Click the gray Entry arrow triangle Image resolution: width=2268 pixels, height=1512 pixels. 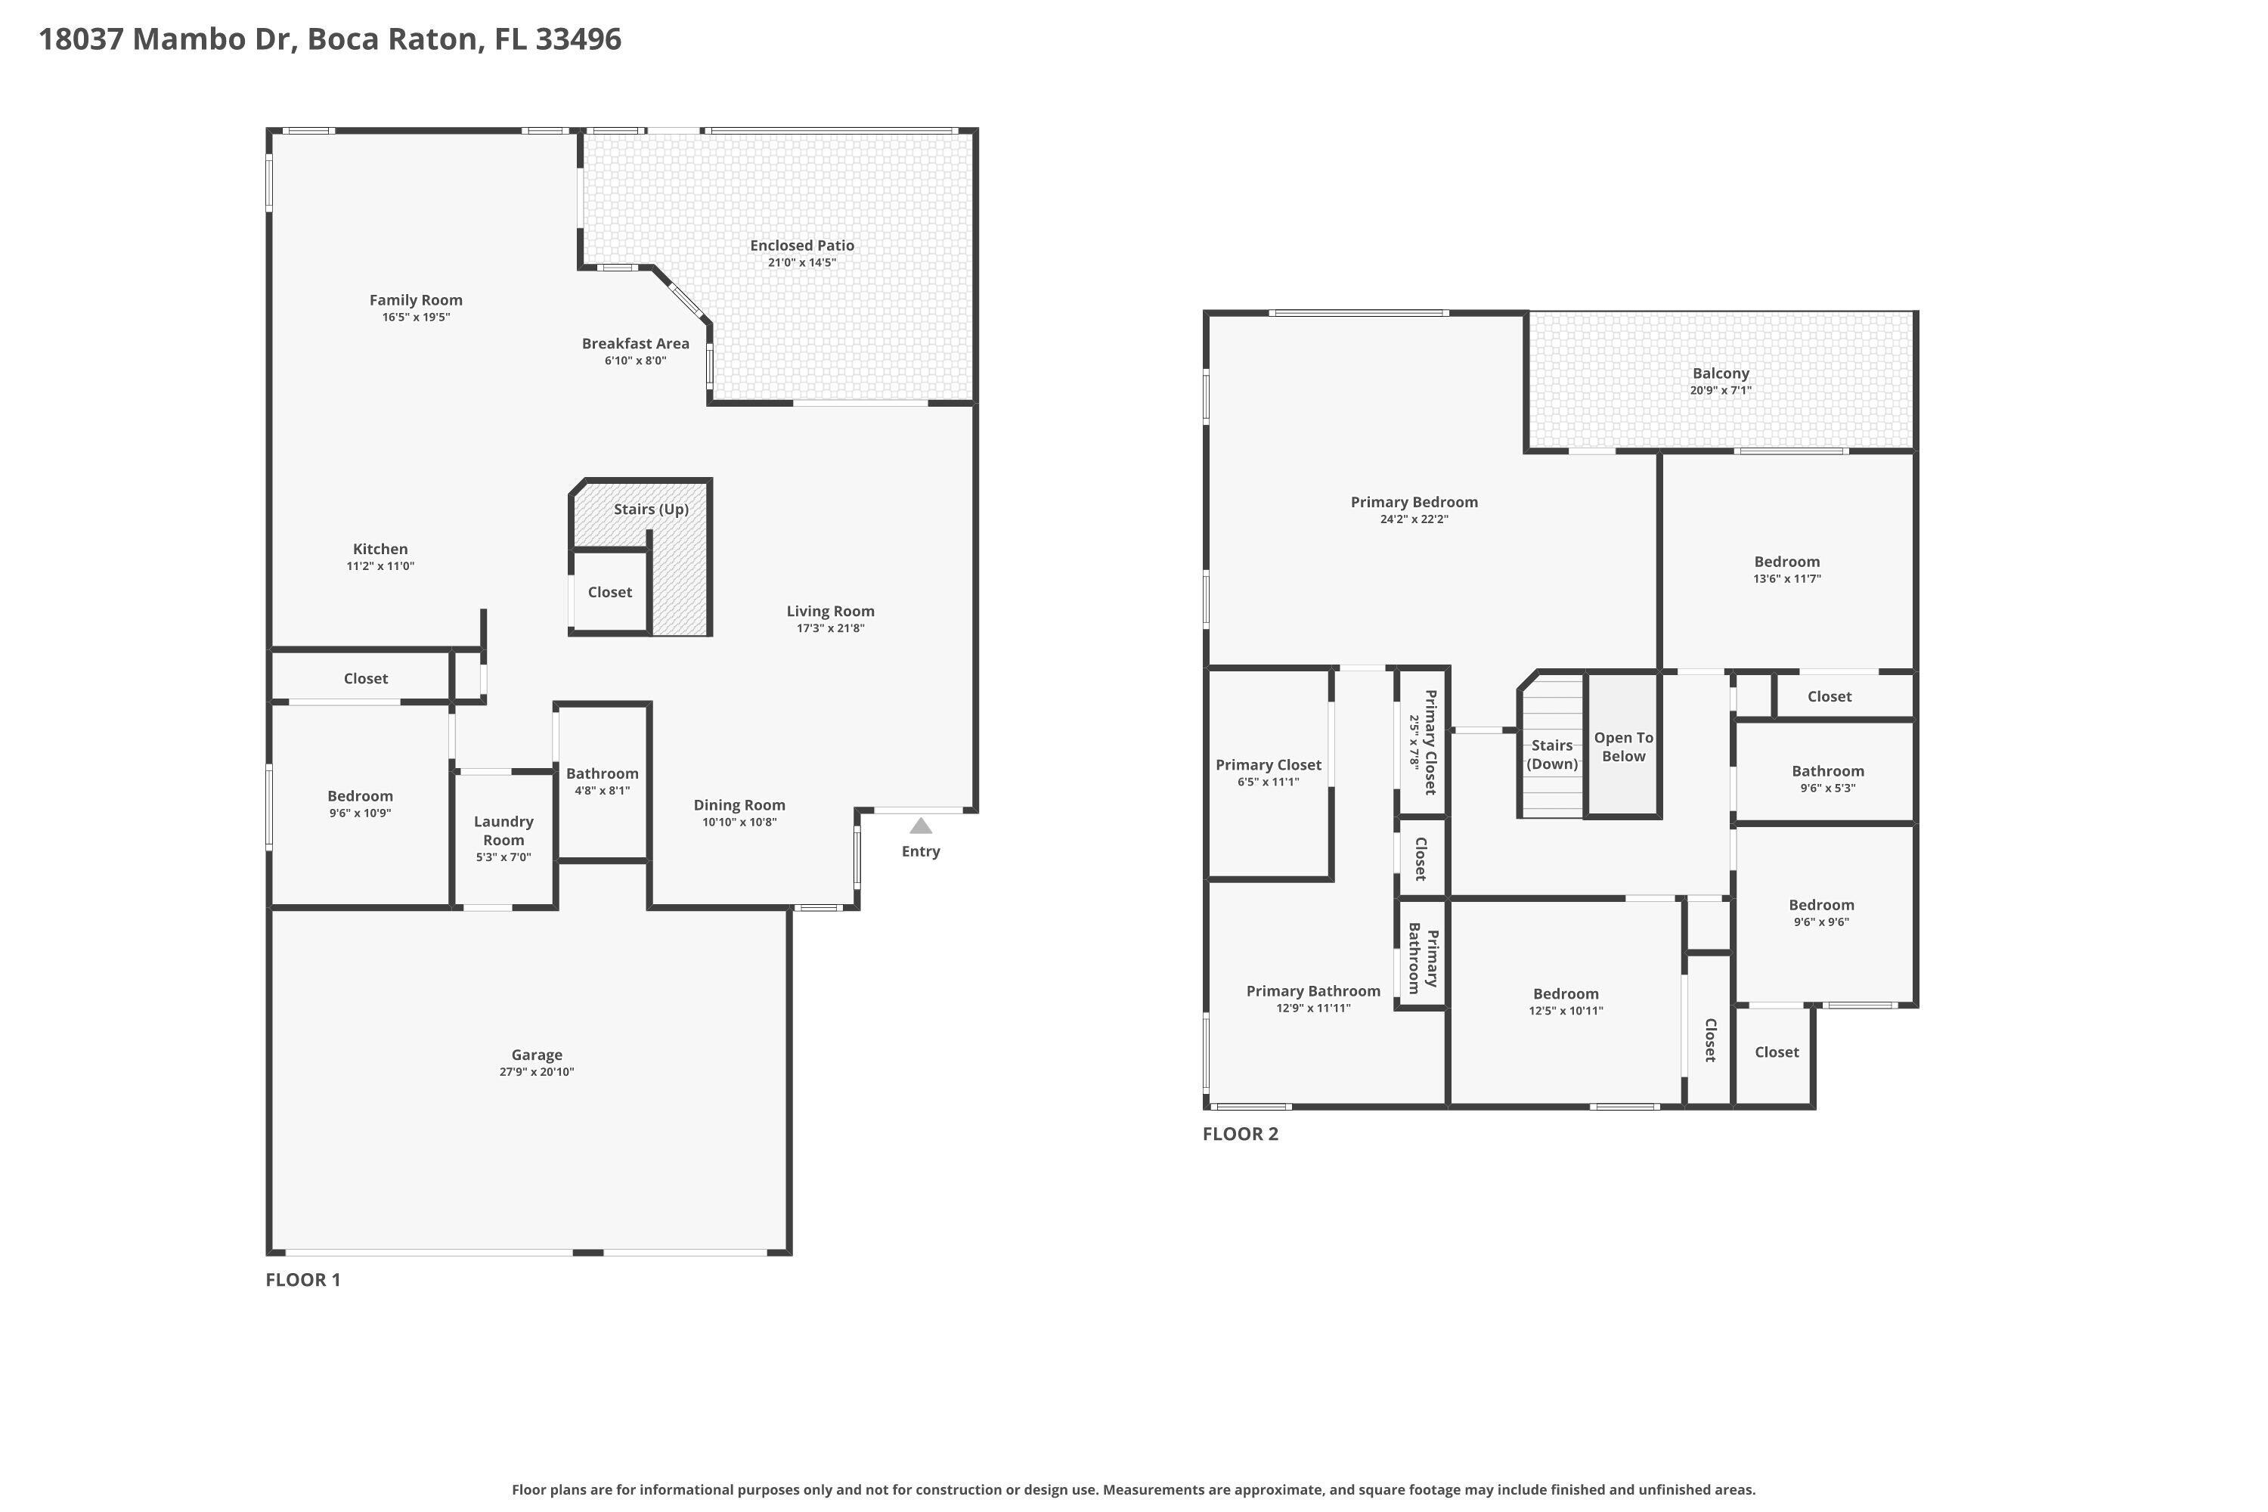[921, 826]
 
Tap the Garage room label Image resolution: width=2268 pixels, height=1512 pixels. [536, 1055]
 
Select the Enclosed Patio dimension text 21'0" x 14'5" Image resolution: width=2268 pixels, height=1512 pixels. [801, 263]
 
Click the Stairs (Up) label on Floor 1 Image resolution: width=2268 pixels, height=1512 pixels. [651, 509]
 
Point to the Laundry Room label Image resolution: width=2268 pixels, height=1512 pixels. [503, 830]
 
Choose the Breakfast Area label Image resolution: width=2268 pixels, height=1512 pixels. [636, 343]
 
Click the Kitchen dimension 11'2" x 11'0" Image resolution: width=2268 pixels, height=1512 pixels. [380, 567]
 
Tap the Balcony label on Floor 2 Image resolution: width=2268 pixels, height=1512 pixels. [1721, 373]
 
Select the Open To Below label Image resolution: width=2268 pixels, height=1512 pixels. [1623, 746]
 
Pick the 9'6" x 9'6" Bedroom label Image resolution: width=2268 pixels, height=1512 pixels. [1820, 904]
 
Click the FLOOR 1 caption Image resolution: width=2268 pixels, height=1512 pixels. [303, 1280]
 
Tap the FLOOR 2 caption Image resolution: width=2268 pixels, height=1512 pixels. [1240, 1134]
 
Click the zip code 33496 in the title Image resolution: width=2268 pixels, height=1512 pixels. [578, 39]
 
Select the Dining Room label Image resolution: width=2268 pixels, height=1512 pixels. [739, 805]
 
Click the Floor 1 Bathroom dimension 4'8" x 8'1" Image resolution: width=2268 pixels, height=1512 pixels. [602, 791]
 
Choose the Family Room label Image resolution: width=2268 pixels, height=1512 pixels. [416, 300]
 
